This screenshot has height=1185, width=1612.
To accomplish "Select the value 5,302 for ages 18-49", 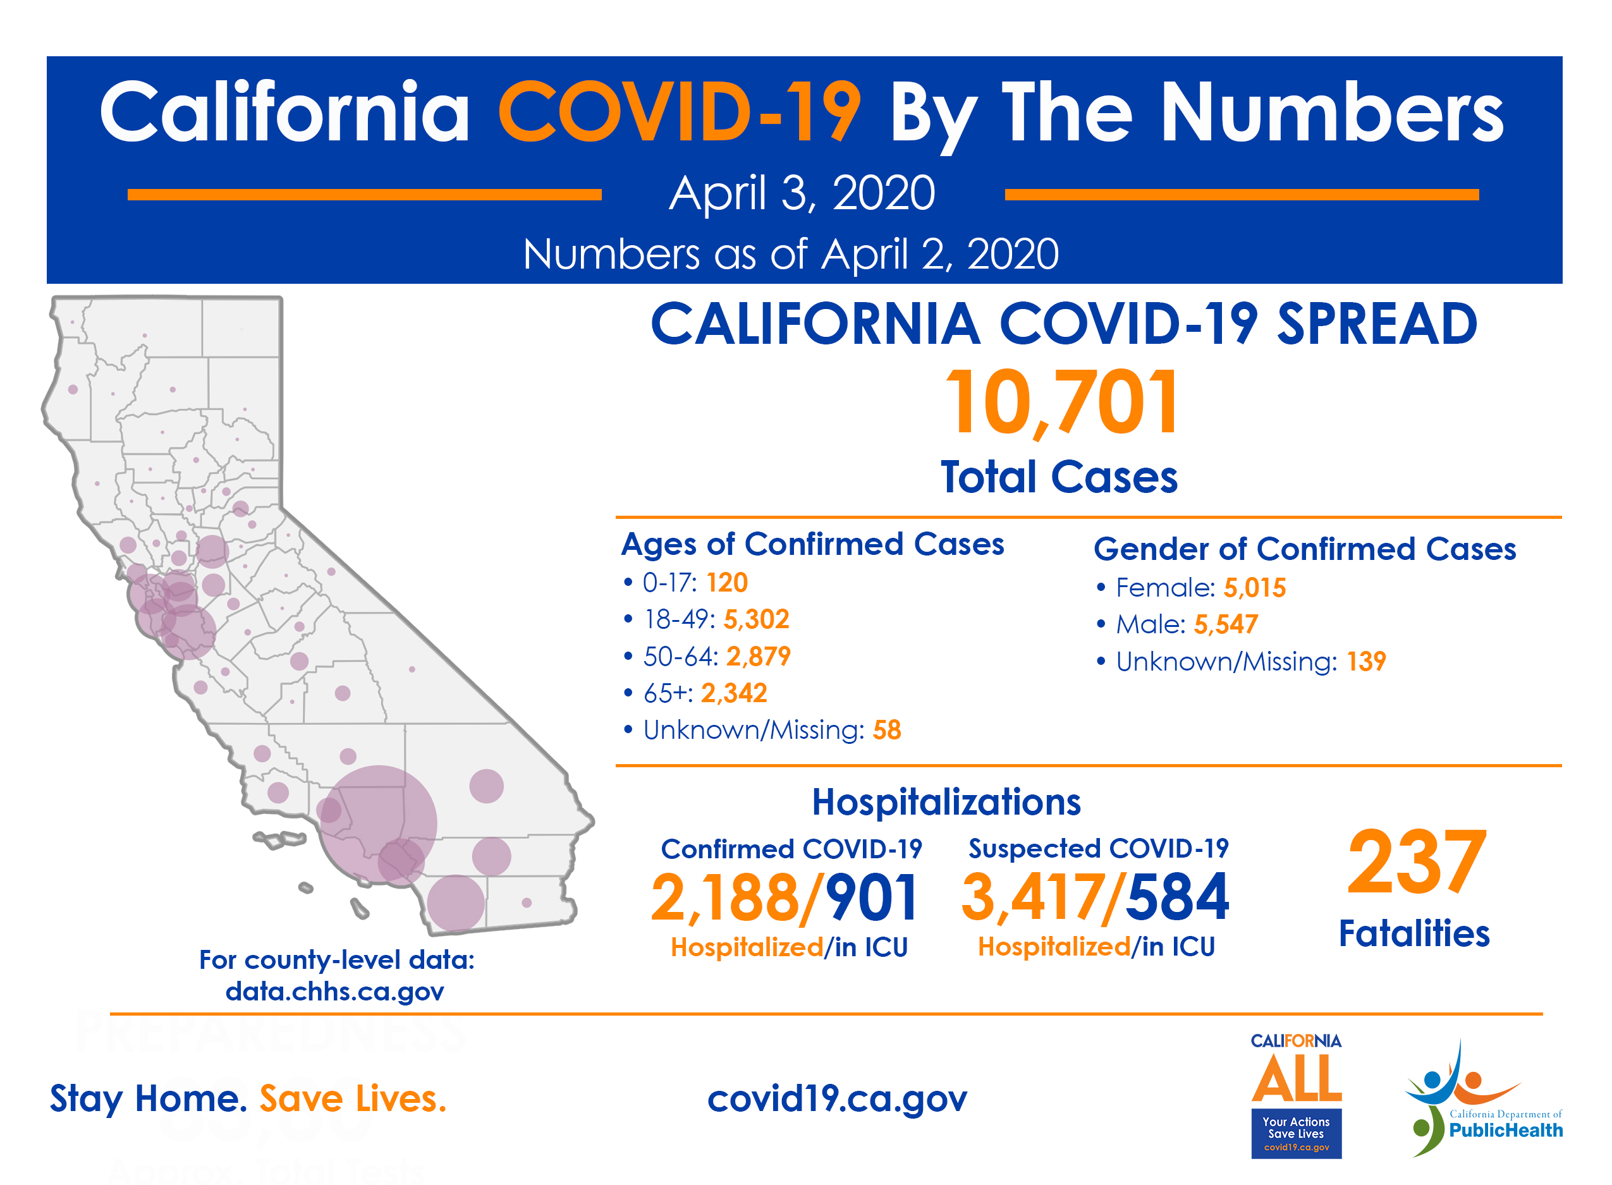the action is pos(756,619).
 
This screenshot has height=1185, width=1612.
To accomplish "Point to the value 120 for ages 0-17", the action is pos(727,583).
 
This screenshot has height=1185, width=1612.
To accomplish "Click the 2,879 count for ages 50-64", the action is pos(759,657).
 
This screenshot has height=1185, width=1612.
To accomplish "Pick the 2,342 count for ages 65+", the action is pos(734,693).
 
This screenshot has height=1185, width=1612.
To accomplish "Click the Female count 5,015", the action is pos(1255,588).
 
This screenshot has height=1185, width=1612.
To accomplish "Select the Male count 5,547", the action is pos(1226,625).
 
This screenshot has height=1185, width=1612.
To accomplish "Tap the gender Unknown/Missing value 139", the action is pos(1366,661).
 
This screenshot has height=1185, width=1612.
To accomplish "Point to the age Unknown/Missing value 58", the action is pos(887,730).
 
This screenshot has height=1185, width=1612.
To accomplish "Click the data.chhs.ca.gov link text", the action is pos(334,992).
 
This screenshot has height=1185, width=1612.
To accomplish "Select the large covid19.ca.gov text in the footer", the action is pos(837,1099).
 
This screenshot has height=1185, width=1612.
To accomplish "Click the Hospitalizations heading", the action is pos(946,802).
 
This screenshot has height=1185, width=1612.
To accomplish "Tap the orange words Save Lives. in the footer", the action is pos(353,1099).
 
